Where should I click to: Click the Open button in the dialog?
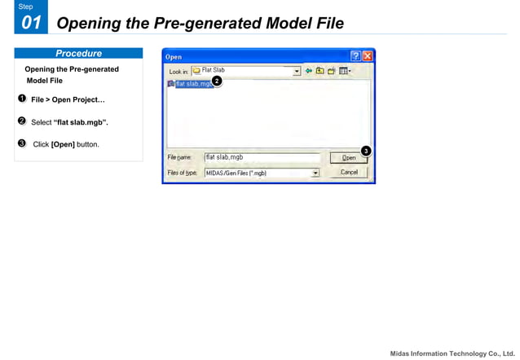[x=349, y=158]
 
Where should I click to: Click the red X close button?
[x=368, y=56]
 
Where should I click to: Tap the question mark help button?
[x=355, y=56]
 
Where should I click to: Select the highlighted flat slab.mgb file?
[x=191, y=84]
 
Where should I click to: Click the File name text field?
[x=261, y=158]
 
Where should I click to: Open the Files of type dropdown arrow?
[x=315, y=173]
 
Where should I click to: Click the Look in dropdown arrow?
[x=297, y=71]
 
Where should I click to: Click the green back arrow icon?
[x=309, y=71]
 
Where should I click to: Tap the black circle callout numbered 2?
[x=217, y=81]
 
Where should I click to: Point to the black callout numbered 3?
[x=366, y=151]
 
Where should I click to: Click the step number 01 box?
[x=30, y=22]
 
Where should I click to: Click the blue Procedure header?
[x=78, y=54]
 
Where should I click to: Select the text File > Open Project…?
[x=68, y=100]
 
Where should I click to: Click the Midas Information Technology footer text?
[x=451, y=353]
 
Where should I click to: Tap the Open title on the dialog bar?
[x=174, y=57]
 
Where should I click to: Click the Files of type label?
[x=182, y=173]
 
